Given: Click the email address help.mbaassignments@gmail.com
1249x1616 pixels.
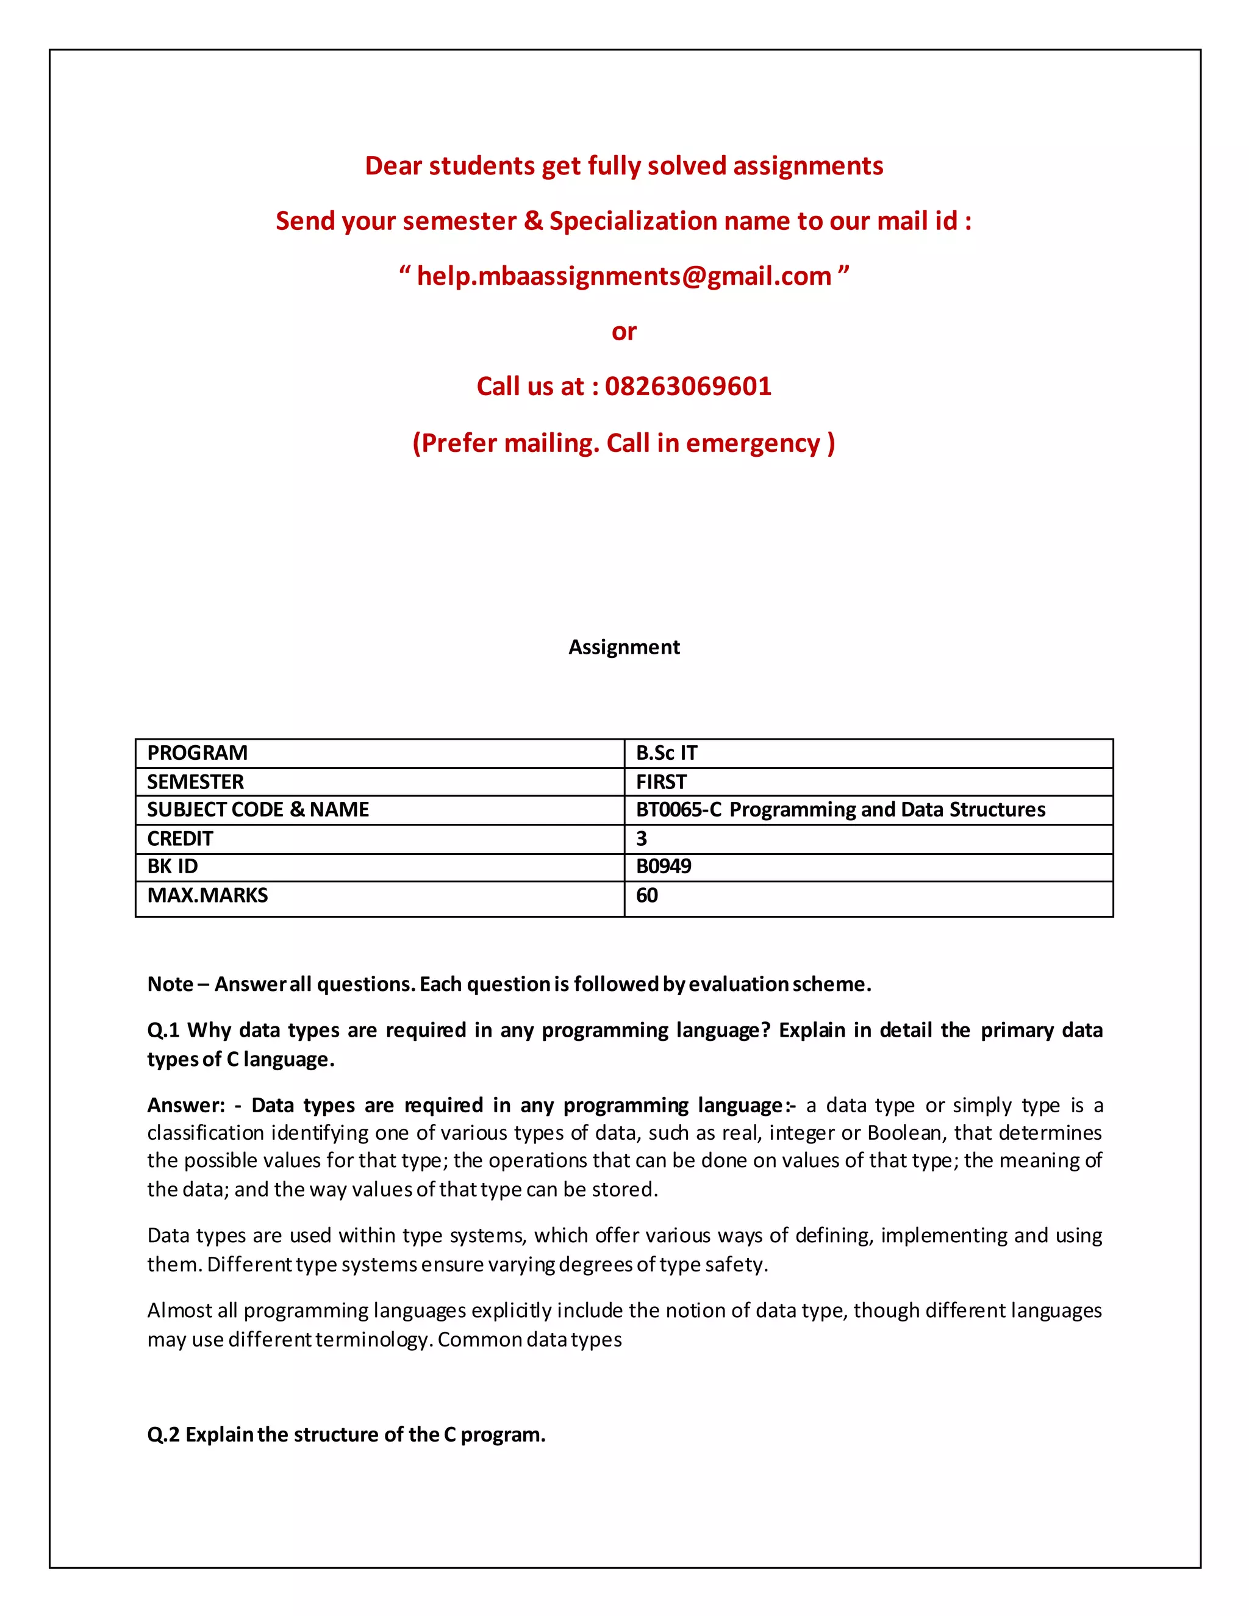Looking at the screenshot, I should tap(624, 276).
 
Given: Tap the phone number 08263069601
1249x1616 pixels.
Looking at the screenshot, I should tap(688, 386).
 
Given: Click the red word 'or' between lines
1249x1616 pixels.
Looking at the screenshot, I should tap(624, 332).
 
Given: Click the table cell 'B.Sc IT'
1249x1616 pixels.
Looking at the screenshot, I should tap(666, 753).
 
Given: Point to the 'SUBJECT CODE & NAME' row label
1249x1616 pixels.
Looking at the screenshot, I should tap(257, 809).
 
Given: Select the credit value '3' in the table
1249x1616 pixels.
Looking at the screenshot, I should tap(642, 838).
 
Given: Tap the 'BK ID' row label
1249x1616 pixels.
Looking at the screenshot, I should tap(173, 867).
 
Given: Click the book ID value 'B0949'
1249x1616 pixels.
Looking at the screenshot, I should tap(663, 867).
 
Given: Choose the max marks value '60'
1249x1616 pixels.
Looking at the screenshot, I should tap(646, 895).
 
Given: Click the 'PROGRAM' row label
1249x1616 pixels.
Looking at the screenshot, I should tap(197, 753).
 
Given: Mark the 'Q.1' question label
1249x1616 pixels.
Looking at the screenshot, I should tap(163, 1030).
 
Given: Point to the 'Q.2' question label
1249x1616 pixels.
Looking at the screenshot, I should tap(163, 1434).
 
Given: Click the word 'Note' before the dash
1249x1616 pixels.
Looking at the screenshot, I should tap(170, 984).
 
